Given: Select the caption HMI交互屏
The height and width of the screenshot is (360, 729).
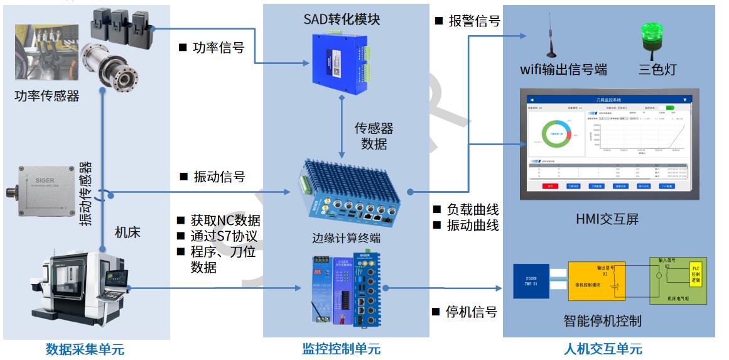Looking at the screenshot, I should click(x=607, y=219).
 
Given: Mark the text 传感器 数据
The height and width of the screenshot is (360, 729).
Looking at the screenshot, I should click(x=374, y=136).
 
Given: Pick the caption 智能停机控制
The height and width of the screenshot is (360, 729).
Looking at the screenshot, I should click(x=602, y=321).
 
